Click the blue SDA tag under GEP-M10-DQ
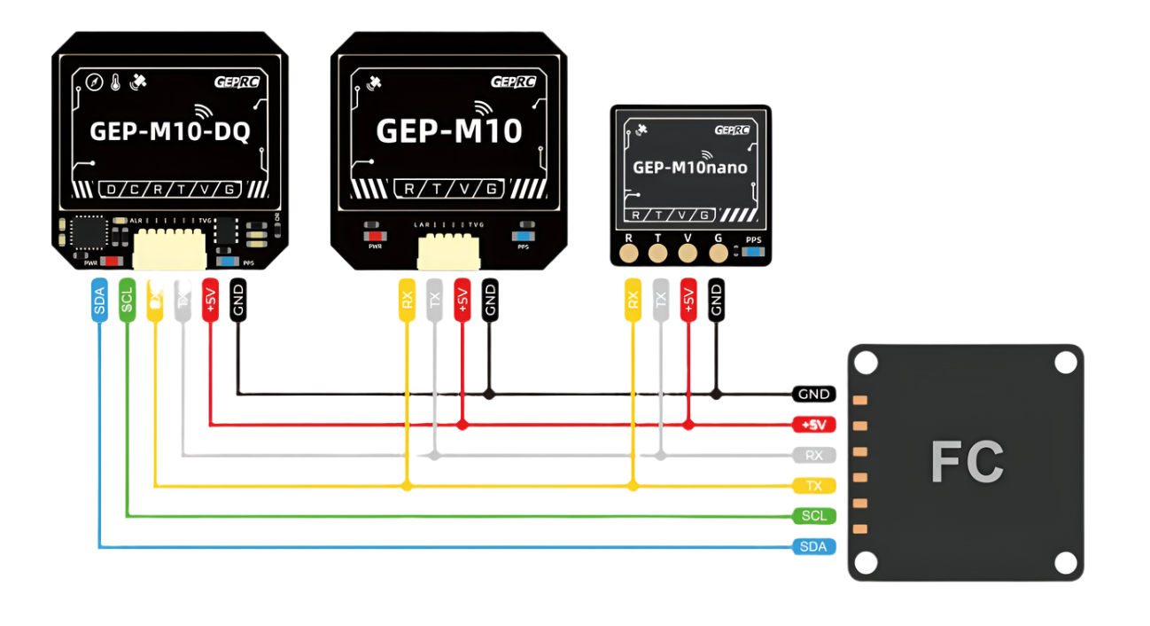[x=98, y=301]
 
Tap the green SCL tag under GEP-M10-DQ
[x=127, y=301]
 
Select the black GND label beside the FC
[x=813, y=394]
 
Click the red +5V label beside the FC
[x=813, y=425]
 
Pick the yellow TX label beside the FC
[x=813, y=486]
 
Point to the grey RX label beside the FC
[x=813, y=456]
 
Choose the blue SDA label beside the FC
[x=813, y=546]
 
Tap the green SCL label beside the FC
[x=813, y=516]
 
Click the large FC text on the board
[x=967, y=461]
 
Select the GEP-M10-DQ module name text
[x=170, y=132]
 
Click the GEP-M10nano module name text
[x=689, y=167]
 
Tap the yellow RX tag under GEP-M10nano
[x=632, y=299]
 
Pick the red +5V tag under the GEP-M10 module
[x=462, y=299]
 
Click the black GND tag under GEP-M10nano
[x=716, y=299]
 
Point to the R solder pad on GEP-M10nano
[x=630, y=254]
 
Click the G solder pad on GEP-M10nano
[x=716, y=254]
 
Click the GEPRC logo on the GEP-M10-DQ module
[x=237, y=82]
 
